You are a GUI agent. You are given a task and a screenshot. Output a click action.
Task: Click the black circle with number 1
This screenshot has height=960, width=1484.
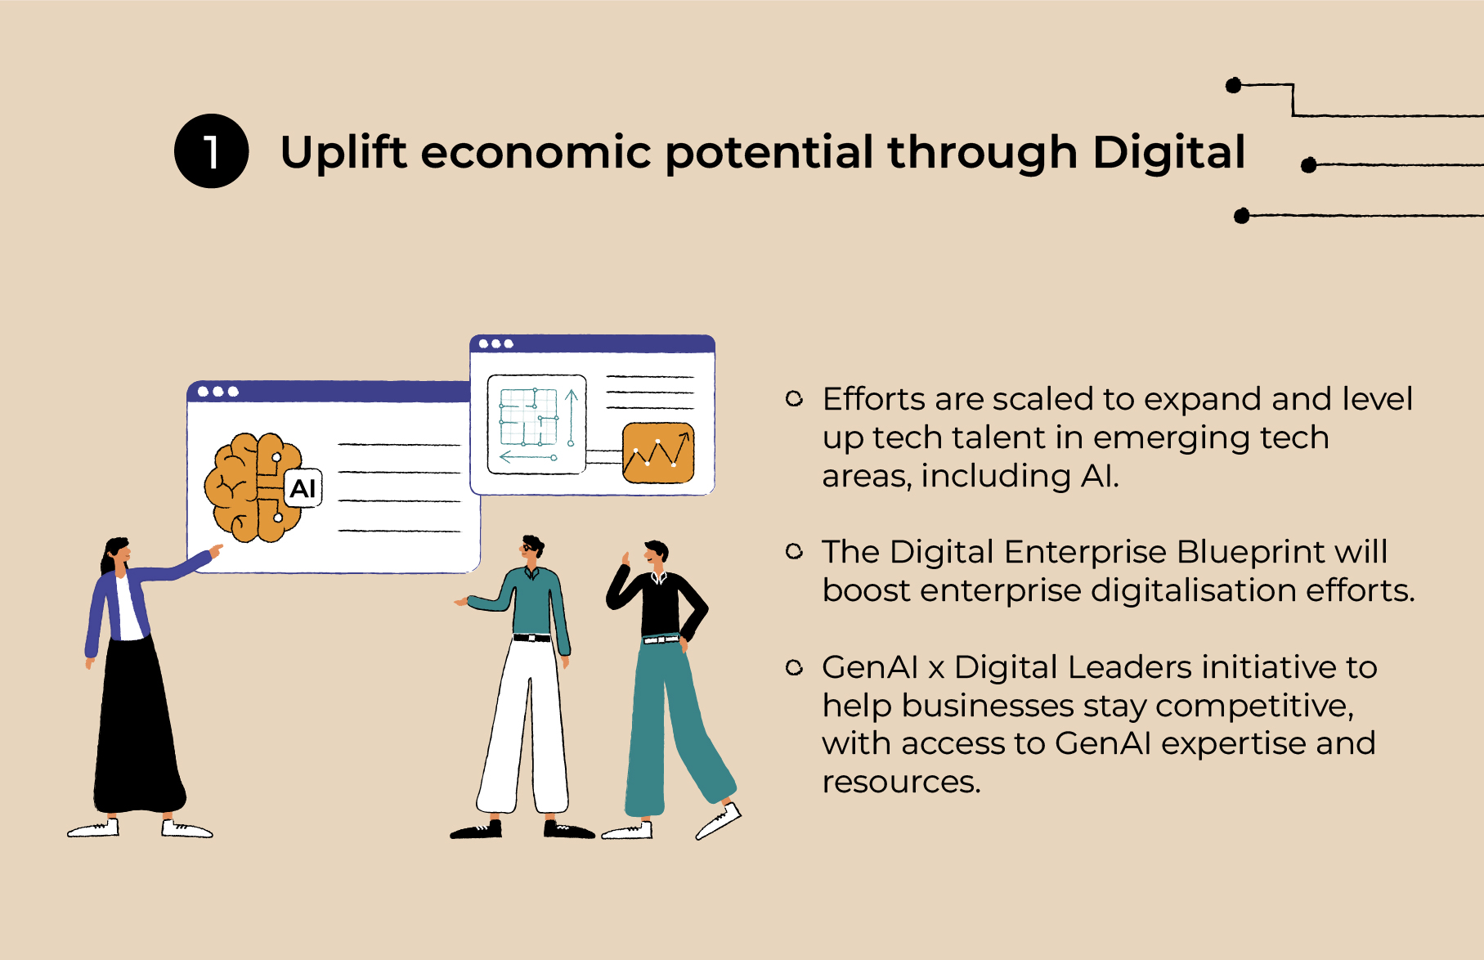(x=211, y=151)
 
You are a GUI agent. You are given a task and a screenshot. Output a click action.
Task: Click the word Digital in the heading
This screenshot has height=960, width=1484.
(x=1168, y=153)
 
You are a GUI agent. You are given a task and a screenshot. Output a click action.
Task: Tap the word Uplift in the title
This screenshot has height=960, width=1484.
(x=343, y=153)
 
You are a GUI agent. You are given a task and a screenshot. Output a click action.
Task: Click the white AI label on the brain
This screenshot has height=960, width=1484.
(x=303, y=489)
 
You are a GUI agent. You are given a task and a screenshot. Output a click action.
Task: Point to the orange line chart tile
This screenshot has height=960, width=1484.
(x=658, y=452)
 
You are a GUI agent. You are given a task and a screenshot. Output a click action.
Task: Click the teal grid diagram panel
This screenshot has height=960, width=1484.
(x=536, y=424)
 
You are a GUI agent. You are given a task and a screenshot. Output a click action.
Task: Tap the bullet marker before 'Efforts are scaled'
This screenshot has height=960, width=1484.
(x=794, y=399)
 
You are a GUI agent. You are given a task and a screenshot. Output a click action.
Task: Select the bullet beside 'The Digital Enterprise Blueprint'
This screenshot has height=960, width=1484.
(x=794, y=552)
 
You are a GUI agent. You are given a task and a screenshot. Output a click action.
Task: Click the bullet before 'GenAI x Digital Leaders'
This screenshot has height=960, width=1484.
(x=794, y=668)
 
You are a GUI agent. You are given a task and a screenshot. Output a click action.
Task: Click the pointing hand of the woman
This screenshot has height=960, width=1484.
(x=217, y=550)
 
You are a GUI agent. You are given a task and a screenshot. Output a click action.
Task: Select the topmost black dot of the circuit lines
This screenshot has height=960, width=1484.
(x=1234, y=85)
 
